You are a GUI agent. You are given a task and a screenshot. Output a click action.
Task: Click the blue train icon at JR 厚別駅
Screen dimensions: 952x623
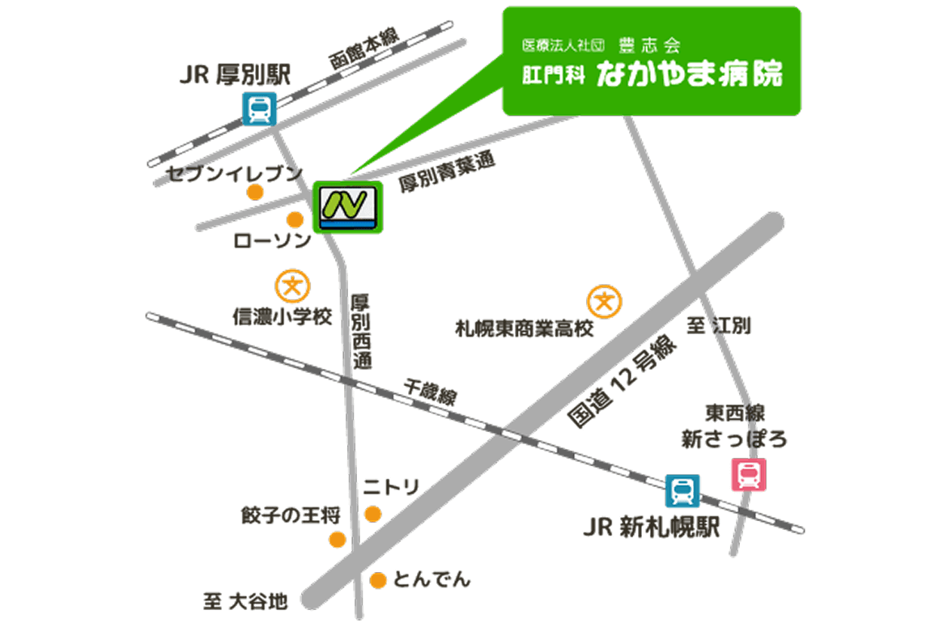coord(260,108)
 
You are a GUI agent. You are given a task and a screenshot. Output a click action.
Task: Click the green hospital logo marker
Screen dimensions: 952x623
coord(348,208)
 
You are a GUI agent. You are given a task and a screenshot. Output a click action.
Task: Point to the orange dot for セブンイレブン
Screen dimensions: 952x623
coord(255,192)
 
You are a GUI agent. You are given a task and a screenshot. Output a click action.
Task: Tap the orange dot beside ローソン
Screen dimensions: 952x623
coord(295,220)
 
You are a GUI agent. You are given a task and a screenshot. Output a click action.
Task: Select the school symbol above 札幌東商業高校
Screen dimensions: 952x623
coord(605,302)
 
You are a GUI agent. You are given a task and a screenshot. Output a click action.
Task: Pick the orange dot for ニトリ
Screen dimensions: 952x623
coord(372,514)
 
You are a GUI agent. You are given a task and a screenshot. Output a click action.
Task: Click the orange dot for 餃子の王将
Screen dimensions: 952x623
coord(338,540)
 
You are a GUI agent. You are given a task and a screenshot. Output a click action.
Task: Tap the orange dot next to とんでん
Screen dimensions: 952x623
coord(377,580)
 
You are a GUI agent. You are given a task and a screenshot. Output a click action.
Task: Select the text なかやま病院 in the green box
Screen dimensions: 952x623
coord(689,75)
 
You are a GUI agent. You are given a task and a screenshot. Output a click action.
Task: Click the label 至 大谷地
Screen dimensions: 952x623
coord(244,601)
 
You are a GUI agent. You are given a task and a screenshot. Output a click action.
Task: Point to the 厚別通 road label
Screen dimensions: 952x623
coord(361,332)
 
